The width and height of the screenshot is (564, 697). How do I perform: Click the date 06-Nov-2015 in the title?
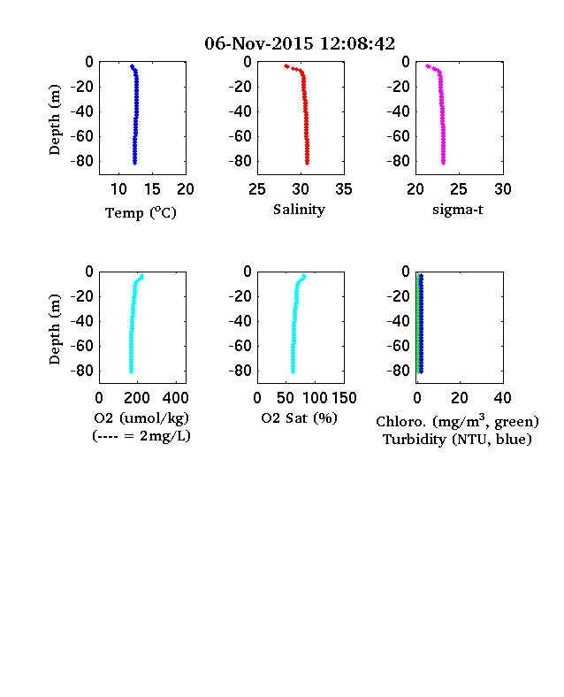click(x=259, y=43)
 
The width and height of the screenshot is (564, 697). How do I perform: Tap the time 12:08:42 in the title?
click(x=357, y=43)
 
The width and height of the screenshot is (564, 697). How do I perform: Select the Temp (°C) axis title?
click(x=141, y=212)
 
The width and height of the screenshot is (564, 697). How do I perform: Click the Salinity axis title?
click(x=299, y=210)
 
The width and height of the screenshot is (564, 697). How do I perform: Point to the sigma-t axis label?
click(x=458, y=210)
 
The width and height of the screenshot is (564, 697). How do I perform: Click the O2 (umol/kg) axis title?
click(x=141, y=417)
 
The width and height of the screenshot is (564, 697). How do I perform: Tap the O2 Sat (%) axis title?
click(x=300, y=417)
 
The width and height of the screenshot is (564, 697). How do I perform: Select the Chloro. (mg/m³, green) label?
click(x=457, y=421)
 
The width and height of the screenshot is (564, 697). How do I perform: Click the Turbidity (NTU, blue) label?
click(x=457, y=440)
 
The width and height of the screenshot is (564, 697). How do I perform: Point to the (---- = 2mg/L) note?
click(x=141, y=435)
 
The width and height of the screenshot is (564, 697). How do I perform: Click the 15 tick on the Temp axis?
click(x=152, y=189)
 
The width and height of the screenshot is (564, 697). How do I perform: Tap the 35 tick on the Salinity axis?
click(x=344, y=189)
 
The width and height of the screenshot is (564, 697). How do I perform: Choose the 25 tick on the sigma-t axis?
click(x=459, y=189)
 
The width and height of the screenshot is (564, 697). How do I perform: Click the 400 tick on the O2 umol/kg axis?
click(x=175, y=398)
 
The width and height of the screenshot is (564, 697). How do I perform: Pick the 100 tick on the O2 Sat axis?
click(x=315, y=398)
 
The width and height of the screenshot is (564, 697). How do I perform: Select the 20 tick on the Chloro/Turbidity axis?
click(x=460, y=398)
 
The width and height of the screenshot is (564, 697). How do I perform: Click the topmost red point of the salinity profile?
click(x=286, y=66)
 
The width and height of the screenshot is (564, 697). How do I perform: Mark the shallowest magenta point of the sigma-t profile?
click(x=428, y=66)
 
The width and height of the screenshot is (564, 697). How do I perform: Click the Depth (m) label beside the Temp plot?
click(x=54, y=119)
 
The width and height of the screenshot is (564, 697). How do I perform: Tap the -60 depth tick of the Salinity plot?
click(x=240, y=136)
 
